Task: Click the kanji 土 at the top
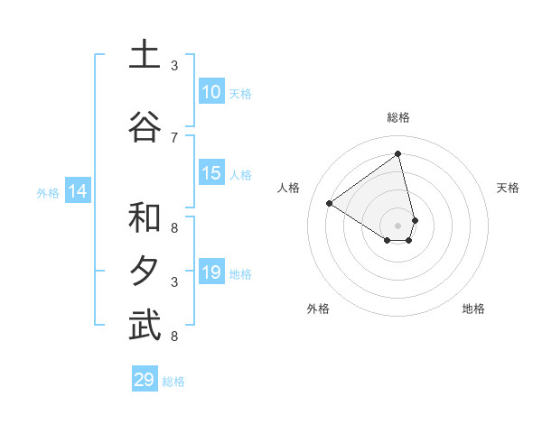pos(145,56)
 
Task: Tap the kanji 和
pos(145,218)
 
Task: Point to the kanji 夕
pos(145,272)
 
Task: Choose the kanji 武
pos(145,325)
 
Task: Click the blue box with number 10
pos(211,92)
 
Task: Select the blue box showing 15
pos(211,173)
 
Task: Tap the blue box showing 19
pos(211,272)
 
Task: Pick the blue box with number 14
pos(78,191)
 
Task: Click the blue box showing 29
pos(145,380)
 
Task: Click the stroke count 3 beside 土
pos(174,66)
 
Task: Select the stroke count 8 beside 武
pos(174,336)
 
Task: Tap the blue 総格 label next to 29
pos(173,382)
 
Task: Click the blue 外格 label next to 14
pos(47,193)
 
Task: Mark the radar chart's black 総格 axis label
pos(398,117)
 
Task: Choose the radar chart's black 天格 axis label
pos(508,188)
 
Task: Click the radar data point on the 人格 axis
pos(330,203)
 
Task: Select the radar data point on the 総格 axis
pos(398,153)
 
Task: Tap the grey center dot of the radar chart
pos(398,225)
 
